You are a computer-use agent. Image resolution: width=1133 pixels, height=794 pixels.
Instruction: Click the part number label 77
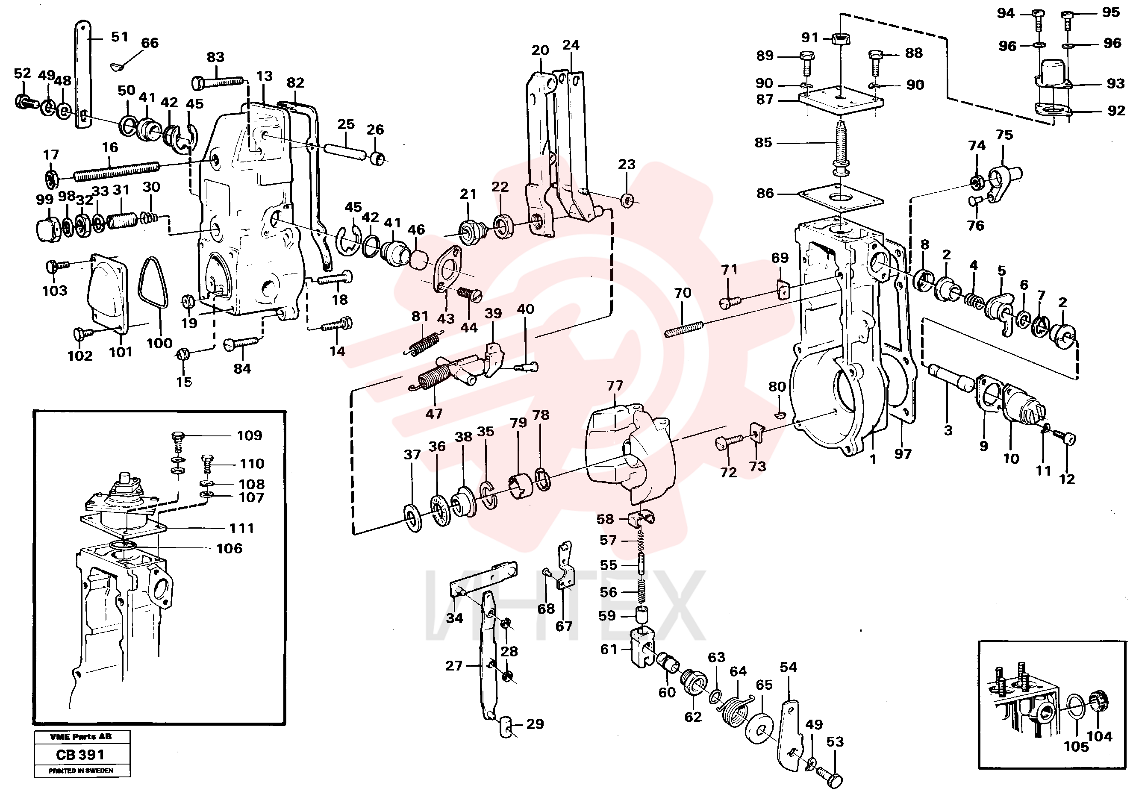tap(615, 385)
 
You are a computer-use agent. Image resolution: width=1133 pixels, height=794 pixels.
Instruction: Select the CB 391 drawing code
tap(80, 755)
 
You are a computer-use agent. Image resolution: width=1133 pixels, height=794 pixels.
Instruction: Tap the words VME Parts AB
tap(81, 737)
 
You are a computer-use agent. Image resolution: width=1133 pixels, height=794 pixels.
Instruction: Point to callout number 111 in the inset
tap(242, 528)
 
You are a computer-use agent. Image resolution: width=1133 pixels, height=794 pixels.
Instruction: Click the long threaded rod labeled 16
tap(117, 170)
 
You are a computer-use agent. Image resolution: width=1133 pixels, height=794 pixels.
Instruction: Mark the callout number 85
tap(763, 143)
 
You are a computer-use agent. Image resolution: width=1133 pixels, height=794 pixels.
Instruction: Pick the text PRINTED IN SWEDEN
tap(81, 770)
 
